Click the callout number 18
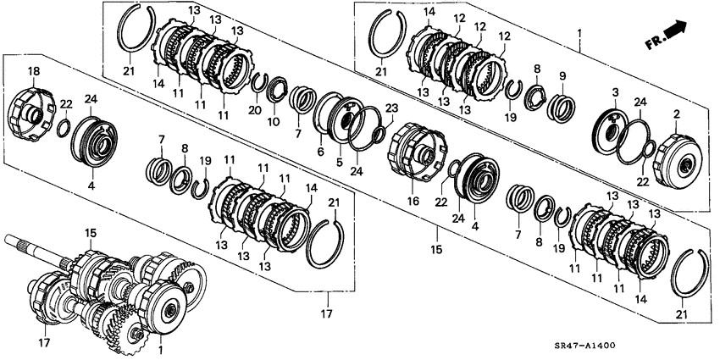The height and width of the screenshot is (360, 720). click(34, 71)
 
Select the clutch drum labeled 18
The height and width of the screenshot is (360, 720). click(32, 114)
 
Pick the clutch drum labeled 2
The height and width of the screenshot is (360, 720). click(678, 159)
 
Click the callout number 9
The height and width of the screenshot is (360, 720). click(563, 75)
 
